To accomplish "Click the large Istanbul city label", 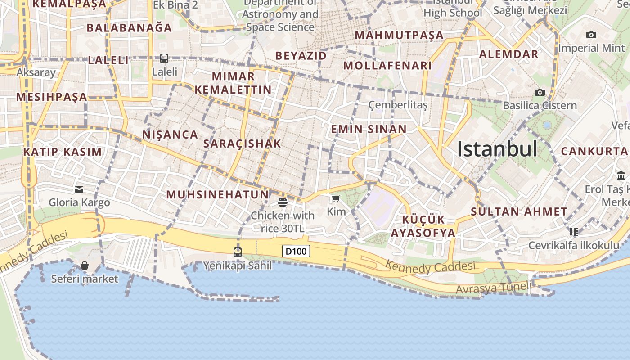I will coord(497,148).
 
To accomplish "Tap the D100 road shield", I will coord(296,251).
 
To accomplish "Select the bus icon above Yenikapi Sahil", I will coord(238,252).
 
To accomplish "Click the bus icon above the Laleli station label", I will coord(164,58).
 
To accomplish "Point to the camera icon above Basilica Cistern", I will coord(540,93).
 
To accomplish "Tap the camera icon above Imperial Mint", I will coord(591,35).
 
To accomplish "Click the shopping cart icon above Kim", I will coord(336,199).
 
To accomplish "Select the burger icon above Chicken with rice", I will coord(283,202).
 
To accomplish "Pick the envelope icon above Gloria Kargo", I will coord(79,189).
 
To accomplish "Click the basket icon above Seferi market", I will coord(84,266).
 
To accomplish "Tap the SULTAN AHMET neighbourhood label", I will coord(519,211).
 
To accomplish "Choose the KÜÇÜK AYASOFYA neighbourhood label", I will coord(423,226).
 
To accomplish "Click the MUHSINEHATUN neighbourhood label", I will coord(217,195).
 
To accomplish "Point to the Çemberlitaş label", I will coord(398,105).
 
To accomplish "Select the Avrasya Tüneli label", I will coord(494,288).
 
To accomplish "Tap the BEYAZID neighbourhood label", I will coord(301,56).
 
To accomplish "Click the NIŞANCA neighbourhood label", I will coord(170,135).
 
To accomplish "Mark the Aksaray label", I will coord(36,72).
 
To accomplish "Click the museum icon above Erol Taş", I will coord(621,175).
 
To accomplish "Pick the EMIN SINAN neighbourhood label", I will coord(369,130).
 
